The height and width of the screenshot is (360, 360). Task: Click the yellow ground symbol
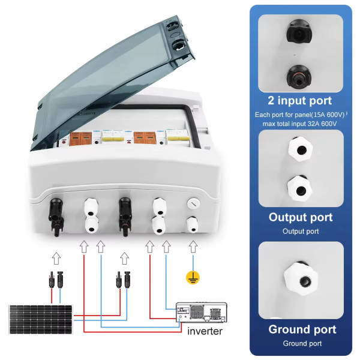point(193,278)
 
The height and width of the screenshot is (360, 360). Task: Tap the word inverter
point(205,331)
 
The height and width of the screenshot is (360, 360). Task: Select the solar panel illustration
point(40,319)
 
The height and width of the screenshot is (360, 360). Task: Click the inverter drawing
point(202,313)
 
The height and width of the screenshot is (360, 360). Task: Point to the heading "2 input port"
point(300,101)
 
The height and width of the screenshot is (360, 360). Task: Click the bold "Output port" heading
point(301,217)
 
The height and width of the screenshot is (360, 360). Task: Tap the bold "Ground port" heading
point(302,329)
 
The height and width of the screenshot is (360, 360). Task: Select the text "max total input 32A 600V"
point(299,124)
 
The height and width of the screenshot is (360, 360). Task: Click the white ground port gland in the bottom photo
point(301,278)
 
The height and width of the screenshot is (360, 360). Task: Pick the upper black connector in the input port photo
point(299,31)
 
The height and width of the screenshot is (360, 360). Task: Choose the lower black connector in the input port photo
point(299,77)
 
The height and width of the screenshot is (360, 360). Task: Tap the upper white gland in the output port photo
point(301,149)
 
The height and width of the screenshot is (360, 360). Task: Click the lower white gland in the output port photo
point(300,188)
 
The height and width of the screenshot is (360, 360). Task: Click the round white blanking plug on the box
point(193,203)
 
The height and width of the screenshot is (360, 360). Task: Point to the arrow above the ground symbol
point(193,247)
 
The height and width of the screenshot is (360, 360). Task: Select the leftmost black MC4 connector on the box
point(56,217)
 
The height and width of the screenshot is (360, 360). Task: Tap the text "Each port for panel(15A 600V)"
point(299,115)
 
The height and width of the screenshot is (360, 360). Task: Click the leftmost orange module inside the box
point(75,139)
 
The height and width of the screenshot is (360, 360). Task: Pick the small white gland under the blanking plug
point(192,224)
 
